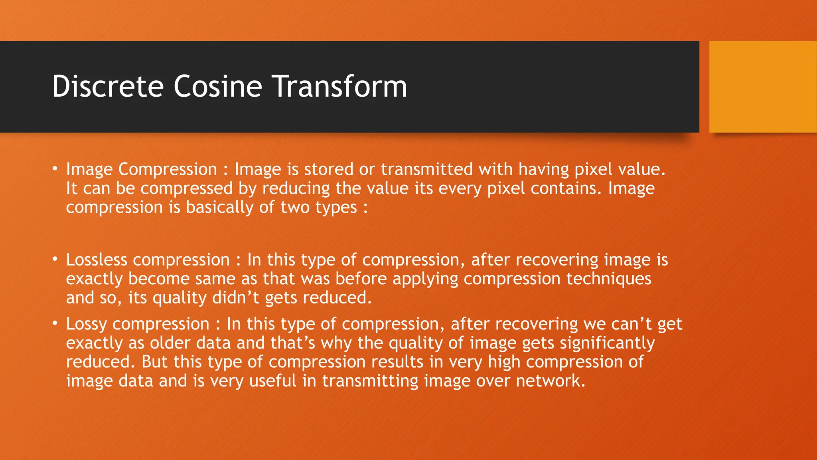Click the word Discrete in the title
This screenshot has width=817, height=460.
[x=108, y=86]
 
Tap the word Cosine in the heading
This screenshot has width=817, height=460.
[x=217, y=86]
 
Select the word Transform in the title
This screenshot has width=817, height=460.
[x=339, y=86]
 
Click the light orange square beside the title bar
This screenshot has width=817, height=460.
[x=763, y=87]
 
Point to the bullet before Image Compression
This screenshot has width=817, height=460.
[x=55, y=169]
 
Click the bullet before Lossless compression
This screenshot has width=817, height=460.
[x=55, y=259]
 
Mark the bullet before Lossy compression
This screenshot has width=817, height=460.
[x=55, y=323]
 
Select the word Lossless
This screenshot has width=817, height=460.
[x=97, y=260]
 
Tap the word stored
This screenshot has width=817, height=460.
[x=329, y=169]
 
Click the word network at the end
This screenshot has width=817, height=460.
[x=550, y=381]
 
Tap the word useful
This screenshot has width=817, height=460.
[x=273, y=381]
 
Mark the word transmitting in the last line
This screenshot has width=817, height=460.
[x=370, y=381]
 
